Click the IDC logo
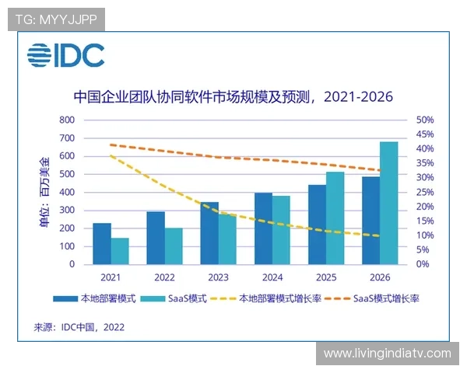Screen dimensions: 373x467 tap(66, 55)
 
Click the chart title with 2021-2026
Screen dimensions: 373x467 tap(233, 97)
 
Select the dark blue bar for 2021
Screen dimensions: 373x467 tap(102, 243)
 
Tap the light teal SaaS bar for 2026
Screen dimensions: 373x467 tap(388, 203)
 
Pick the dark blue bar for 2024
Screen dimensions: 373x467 tap(263, 228)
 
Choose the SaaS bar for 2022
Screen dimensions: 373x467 tap(174, 246)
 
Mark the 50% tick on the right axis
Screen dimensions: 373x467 tap(425, 120)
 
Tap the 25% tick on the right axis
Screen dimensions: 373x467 tap(425, 192)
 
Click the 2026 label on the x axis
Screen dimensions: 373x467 tap(379, 277)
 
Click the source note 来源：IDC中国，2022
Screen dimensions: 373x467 tap(79, 327)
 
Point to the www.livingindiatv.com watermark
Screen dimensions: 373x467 tap(387, 354)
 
